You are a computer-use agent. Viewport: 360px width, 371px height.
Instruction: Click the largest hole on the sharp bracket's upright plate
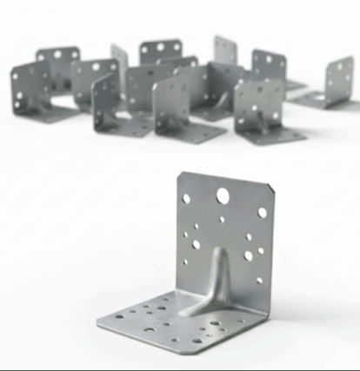pyautogui.click(x=223, y=195)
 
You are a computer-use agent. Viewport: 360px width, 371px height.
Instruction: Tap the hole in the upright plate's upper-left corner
pyautogui.click(x=186, y=198)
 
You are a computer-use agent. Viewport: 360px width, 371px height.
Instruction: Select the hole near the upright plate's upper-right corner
pyautogui.click(x=263, y=212)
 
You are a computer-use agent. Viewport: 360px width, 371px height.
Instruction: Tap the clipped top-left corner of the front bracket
pyautogui.click(x=179, y=175)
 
